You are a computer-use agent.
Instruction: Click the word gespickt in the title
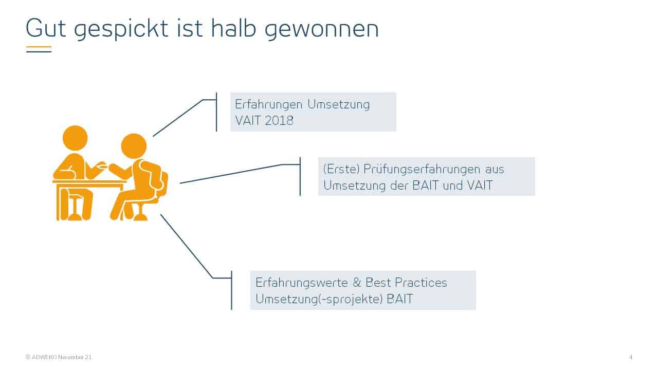pos(121,29)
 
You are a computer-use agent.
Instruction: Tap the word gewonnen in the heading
pos(322,29)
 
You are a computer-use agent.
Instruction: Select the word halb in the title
pos(233,28)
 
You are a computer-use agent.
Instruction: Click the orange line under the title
pos(39,47)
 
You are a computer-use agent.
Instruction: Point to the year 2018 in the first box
pos(279,121)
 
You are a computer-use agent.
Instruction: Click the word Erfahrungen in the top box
pos(268,104)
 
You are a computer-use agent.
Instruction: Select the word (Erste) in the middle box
pos(341,169)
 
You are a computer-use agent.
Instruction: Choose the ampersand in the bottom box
pos(357,283)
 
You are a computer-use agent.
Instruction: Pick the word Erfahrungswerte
pos(302,283)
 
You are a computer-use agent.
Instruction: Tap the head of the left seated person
pos(75,138)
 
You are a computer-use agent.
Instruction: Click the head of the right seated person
pos(134,146)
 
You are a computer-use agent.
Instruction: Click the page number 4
pos(630,357)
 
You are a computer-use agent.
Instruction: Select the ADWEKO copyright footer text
pos(59,357)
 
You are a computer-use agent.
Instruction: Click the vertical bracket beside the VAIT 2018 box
pos(216,112)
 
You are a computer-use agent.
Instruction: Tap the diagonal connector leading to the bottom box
pos(187,246)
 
